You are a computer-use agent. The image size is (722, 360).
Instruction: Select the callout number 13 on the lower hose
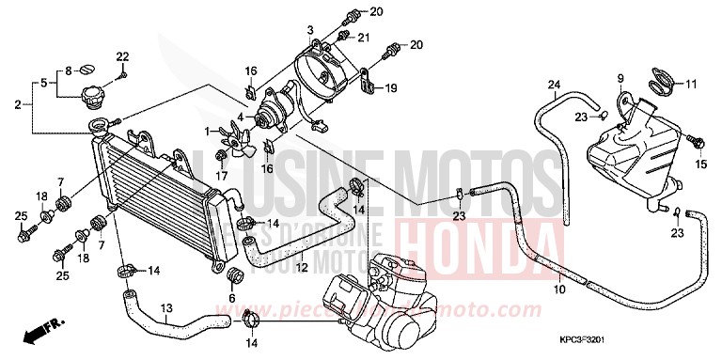click(166, 306)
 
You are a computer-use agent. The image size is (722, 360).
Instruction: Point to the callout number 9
click(621, 78)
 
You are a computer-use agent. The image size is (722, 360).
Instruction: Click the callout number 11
click(692, 85)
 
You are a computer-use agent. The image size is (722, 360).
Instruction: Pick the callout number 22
click(123, 58)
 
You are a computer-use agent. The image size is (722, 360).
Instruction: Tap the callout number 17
click(221, 175)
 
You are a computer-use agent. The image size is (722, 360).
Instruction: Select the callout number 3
click(309, 32)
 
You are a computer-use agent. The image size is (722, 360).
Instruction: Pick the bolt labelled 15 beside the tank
click(697, 144)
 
